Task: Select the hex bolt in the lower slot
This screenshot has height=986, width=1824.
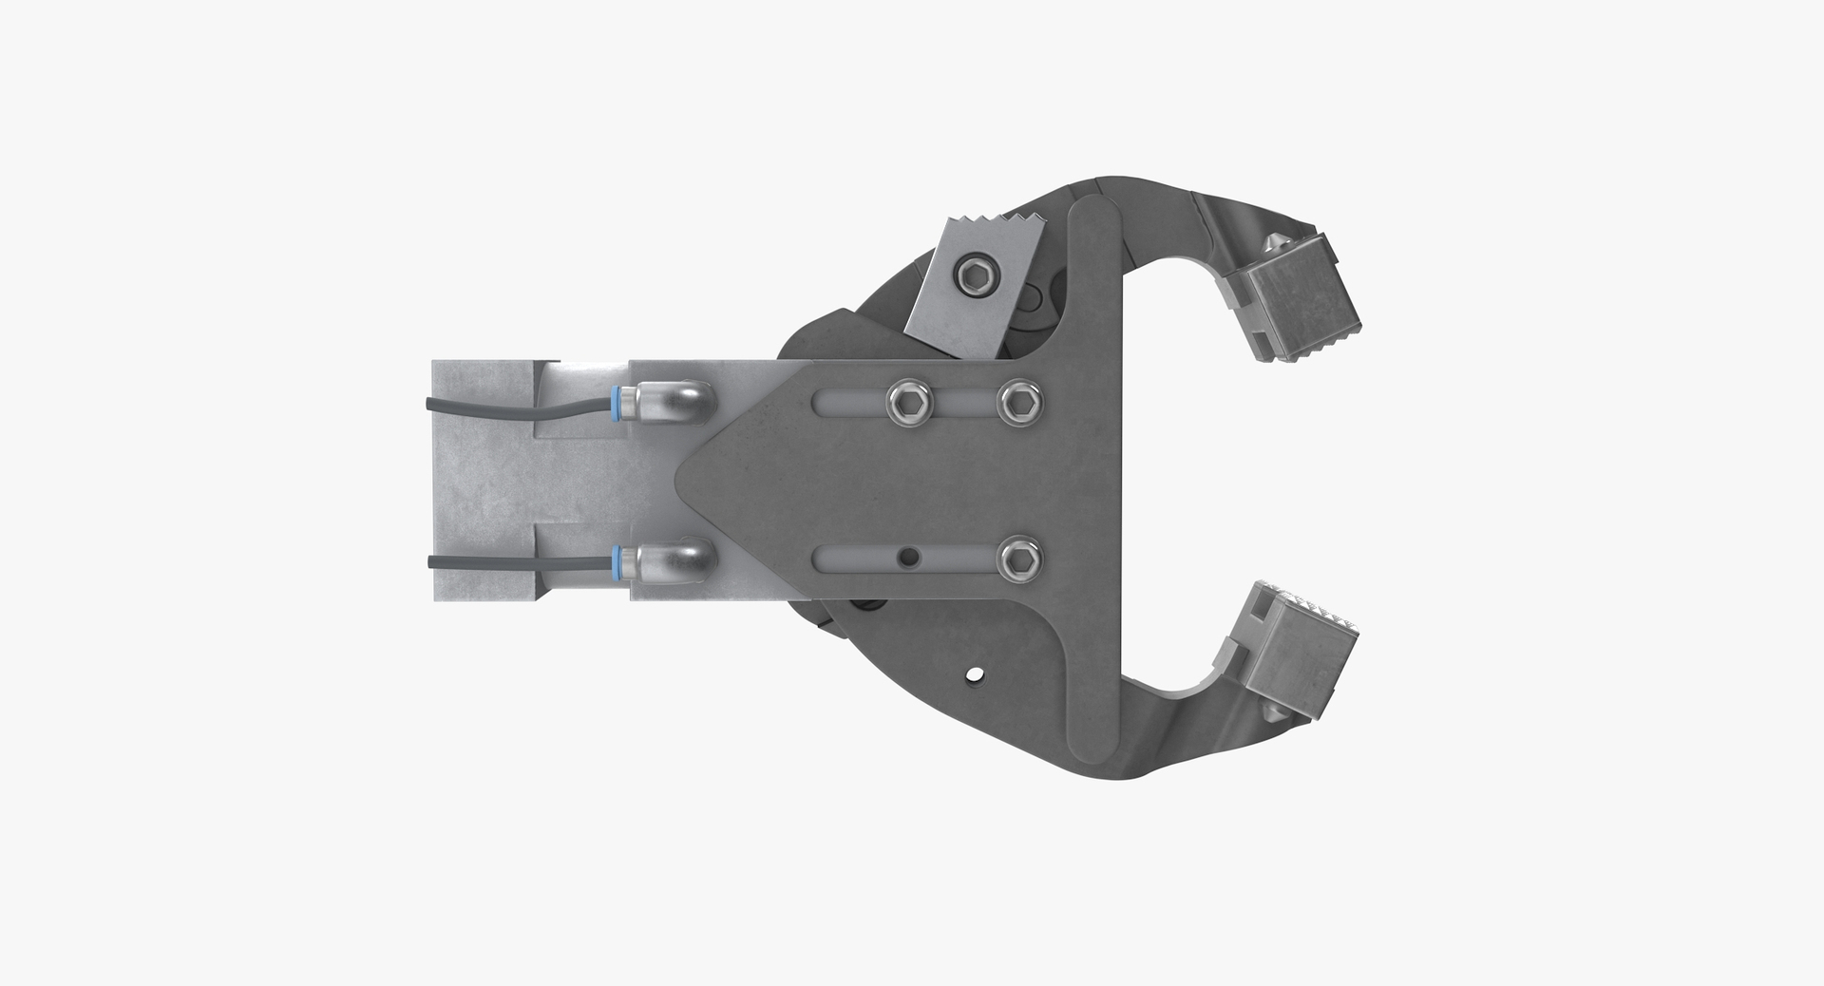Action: [1019, 561]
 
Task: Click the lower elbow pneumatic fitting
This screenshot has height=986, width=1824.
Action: [676, 561]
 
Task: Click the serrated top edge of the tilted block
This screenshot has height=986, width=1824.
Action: [993, 227]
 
